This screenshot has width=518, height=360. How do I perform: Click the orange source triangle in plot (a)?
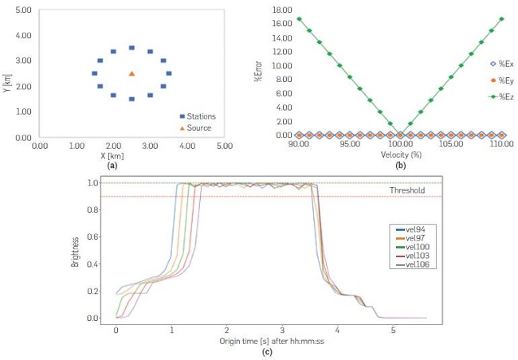tap(131, 73)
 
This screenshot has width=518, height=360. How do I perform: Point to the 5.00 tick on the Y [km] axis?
tap(23, 10)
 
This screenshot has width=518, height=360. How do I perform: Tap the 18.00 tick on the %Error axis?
tap(278, 10)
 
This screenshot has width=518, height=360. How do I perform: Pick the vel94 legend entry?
tap(413, 229)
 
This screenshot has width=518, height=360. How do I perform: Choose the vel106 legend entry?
tap(414, 264)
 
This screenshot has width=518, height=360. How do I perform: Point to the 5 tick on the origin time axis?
tap(394, 329)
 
